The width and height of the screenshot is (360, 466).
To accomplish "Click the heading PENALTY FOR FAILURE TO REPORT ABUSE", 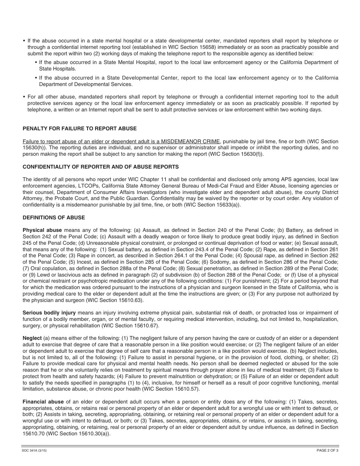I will pyautogui.click(x=80, y=129).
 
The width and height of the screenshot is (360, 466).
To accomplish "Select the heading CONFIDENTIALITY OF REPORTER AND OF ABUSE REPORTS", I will pyautogui.click(x=101, y=167).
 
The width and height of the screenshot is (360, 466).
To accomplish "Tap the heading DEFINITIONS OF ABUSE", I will pyautogui.click(x=54, y=217).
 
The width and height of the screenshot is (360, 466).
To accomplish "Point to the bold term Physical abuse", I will pyautogui.click(x=42, y=230).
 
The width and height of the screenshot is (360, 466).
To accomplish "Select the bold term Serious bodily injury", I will pyautogui.click(x=49, y=313).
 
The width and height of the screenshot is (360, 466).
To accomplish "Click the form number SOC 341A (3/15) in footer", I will pyautogui.click(x=34, y=450).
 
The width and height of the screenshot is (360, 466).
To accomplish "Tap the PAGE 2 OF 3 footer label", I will pyautogui.click(x=327, y=450).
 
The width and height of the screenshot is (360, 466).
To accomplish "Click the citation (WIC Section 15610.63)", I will pyautogui.click(x=115, y=300).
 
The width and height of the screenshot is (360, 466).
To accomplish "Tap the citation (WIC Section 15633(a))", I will pyautogui.click(x=212, y=205).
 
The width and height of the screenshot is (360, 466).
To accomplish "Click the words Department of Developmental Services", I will pyautogui.click(x=86, y=84).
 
